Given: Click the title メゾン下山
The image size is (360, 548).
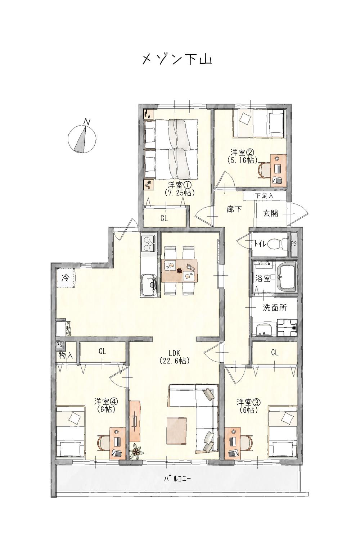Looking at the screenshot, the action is (177, 60).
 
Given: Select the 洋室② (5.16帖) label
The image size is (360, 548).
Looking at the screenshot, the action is (242, 156).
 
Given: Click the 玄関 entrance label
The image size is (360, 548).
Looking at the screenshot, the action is (271, 213).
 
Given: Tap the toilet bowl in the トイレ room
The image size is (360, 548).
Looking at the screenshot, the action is (278, 244).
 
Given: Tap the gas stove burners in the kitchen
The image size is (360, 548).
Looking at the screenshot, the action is (148, 243).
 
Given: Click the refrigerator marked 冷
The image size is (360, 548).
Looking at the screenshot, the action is (66, 278).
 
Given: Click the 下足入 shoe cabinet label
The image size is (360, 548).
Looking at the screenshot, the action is (264, 196).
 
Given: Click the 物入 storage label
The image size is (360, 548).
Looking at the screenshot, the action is (66, 356).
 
